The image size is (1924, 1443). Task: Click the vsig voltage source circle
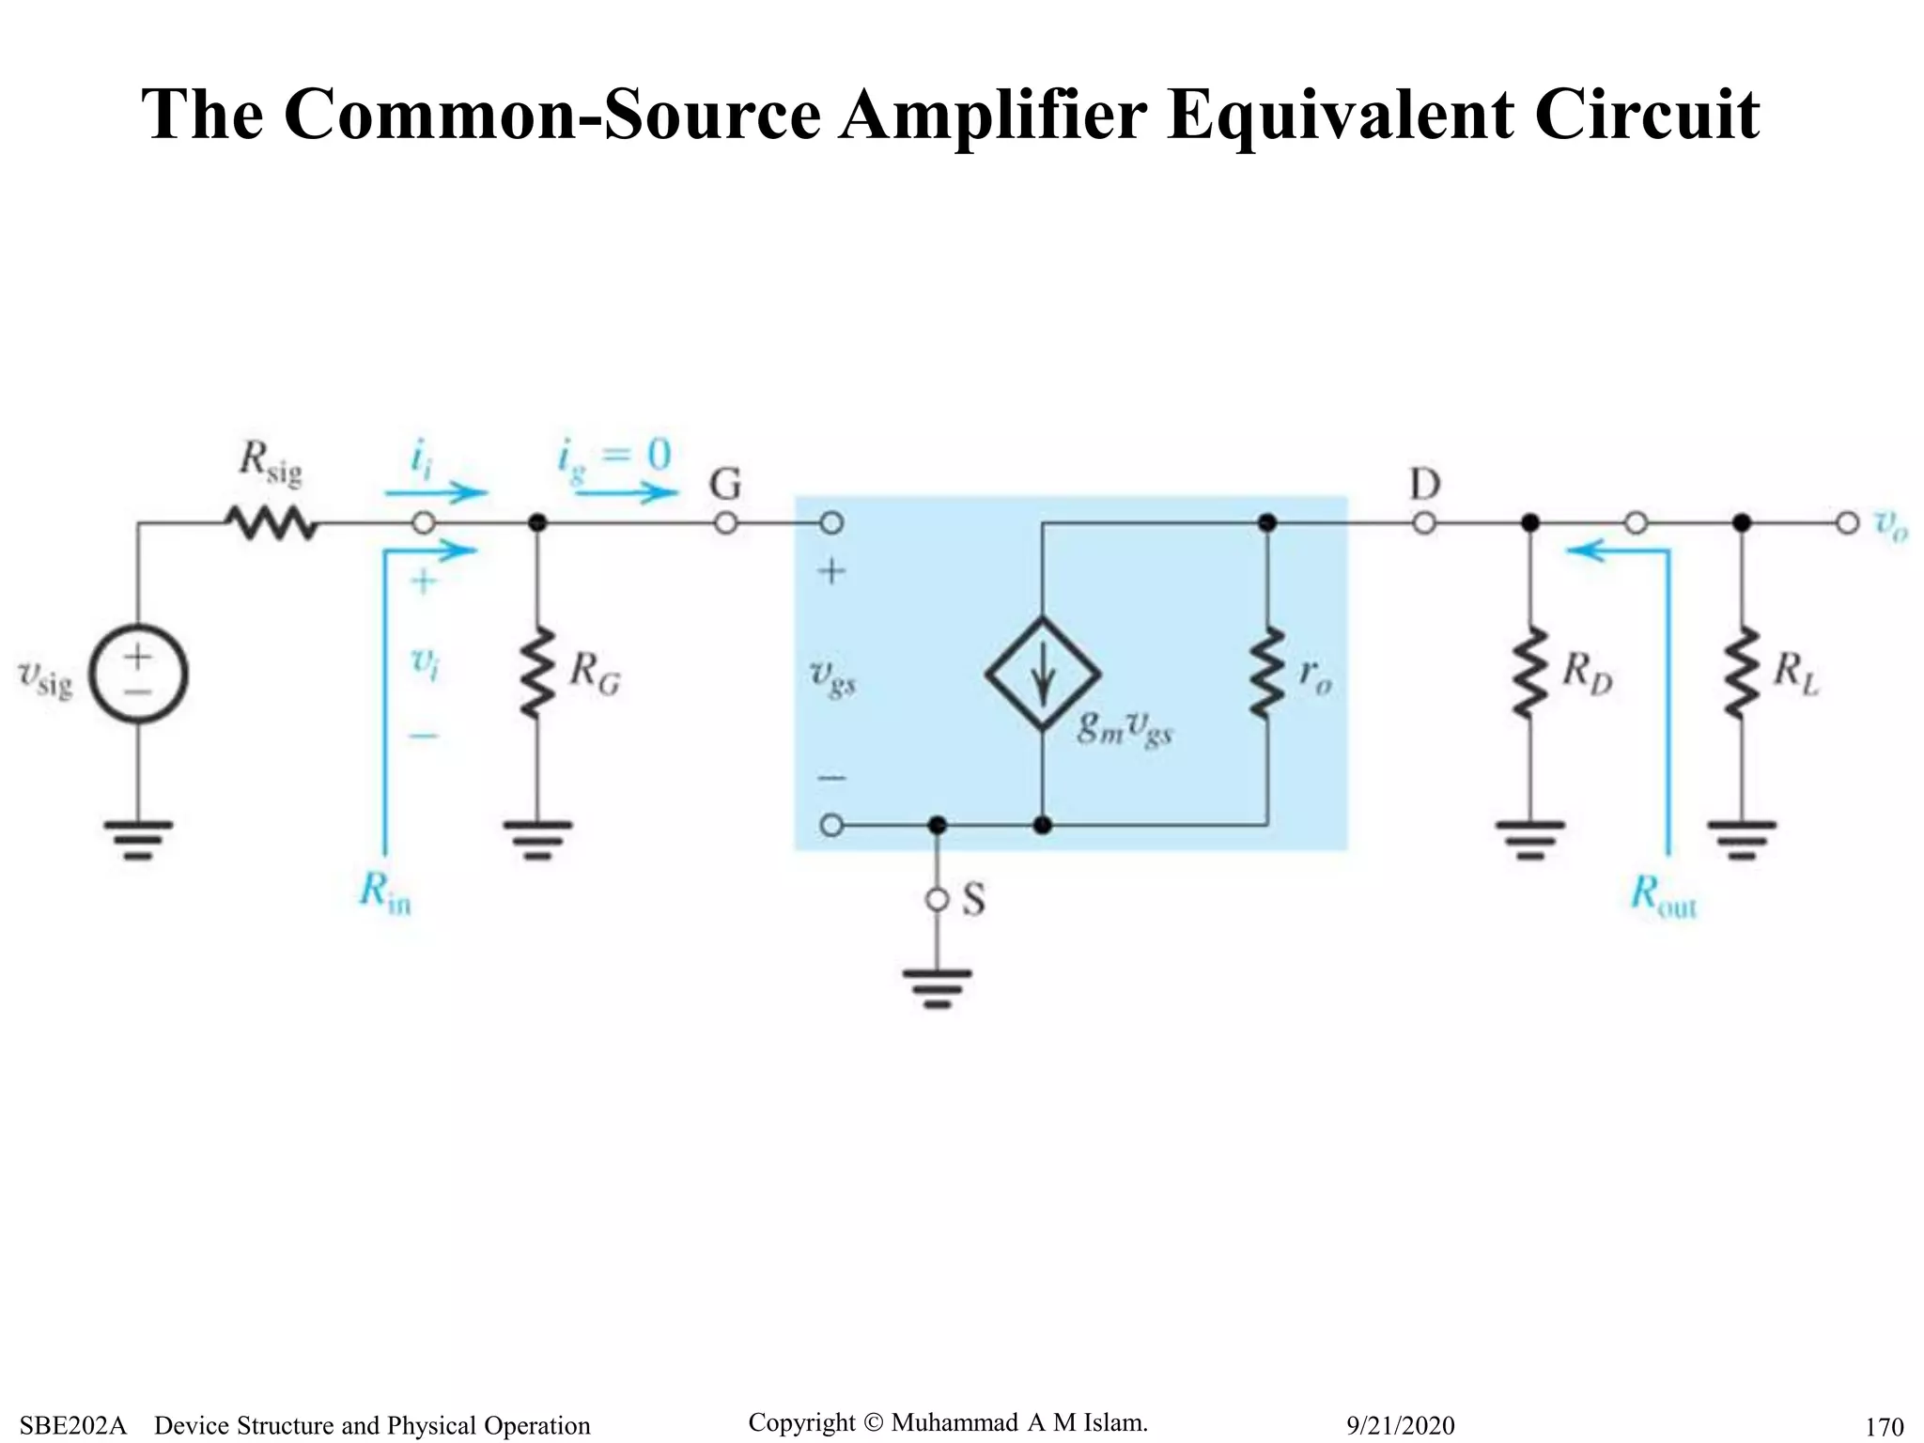[x=138, y=675]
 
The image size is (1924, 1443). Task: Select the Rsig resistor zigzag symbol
[x=271, y=523]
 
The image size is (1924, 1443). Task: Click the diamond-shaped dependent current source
[x=1042, y=674]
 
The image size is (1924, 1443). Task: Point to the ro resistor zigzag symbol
[x=1266, y=674]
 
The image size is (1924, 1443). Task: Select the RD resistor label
[x=1587, y=673]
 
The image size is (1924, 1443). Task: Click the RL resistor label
[x=1795, y=673]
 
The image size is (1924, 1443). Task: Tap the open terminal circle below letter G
[x=725, y=523]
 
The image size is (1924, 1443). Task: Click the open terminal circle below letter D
[x=1424, y=523]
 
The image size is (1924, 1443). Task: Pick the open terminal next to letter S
[x=937, y=900]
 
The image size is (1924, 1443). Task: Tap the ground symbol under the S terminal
[x=937, y=986]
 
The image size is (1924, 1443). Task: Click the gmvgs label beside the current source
[x=1125, y=727]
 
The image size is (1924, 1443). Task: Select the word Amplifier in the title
[x=992, y=115]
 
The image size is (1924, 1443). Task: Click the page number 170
[x=1884, y=1426]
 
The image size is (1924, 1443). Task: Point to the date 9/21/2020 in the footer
[x=1400, y=1425]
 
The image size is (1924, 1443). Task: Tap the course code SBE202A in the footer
[x=72, y=1425]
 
